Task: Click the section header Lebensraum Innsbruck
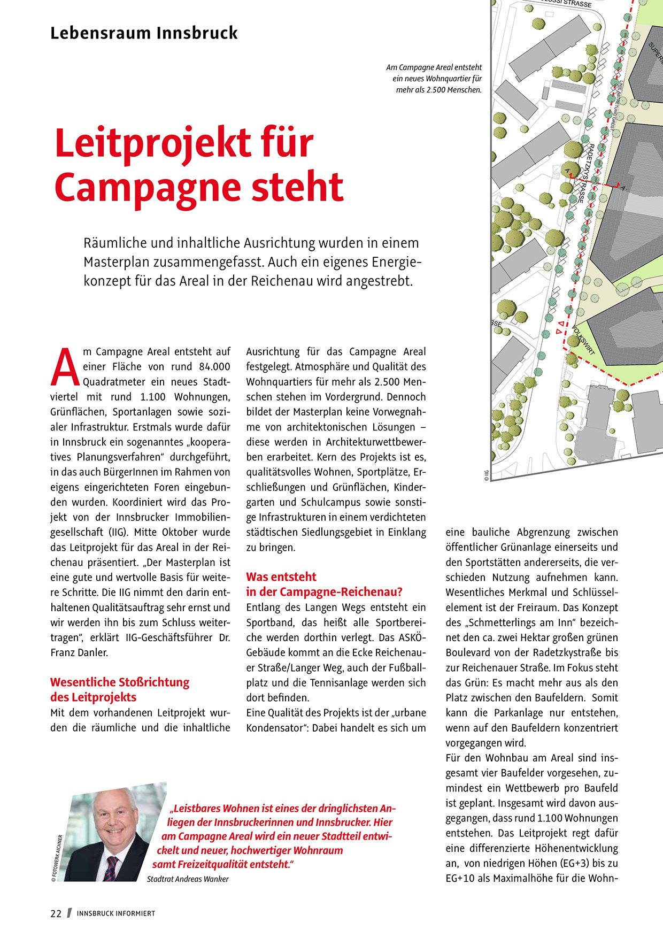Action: [144, 33]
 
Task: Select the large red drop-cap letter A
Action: [65, 367]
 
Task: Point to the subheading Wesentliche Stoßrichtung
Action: [120, 682]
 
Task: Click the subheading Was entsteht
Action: [281, 577]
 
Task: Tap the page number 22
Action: [56, 913]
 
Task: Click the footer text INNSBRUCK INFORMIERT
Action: [116, 913]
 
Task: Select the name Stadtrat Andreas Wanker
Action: [188, 879]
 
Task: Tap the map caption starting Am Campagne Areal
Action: [434, 79]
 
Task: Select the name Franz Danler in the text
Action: [79, 652]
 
